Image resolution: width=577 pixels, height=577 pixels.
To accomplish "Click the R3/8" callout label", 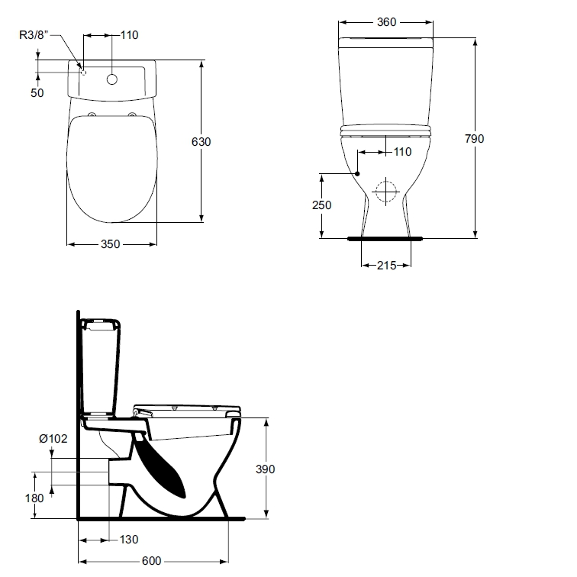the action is pyautogui.click(x=34, y=35).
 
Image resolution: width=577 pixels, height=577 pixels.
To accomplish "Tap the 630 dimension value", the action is pyautogui.click(x=201, y=142).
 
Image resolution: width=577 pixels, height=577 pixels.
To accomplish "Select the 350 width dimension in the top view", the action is pyautogui.click(x=111, y=244).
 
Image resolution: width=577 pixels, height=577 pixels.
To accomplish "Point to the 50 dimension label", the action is pyautogui.click(x=37, y=93).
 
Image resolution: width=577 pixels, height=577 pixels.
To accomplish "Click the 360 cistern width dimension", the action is pyautogui.click(x=386, y=22).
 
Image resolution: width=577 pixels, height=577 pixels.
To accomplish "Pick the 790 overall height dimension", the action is pyautogui.click(x=474, y=139).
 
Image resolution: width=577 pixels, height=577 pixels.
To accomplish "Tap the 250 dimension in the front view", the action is pyautogui.click(x=321, y=205).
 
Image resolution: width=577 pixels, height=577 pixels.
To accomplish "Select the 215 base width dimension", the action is pyautogui.click(x=386, y=266).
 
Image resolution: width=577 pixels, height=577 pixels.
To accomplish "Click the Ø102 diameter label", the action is pyautogui.click(x=53, y=439).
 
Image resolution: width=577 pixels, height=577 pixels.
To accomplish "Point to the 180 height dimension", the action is pyautogui.click(x=34, y=498).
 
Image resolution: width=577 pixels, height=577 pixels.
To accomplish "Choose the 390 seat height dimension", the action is pyautogui.click(x=266, y=469).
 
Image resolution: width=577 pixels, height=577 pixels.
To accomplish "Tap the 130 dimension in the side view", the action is pyautogui.click(x=129, y=540).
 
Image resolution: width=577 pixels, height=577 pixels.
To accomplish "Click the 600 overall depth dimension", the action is pyautogui.click(x=152, y=561).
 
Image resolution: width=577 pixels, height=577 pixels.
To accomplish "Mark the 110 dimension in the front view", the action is pyautogui.click(x=402, y=152).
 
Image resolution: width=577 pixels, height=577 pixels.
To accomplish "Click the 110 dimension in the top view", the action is pyautogui.click(x=129, y=35).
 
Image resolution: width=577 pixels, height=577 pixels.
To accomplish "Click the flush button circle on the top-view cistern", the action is pyautogui.click(x=112, y=79).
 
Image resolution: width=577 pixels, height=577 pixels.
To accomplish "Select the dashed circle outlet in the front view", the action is pyautogui.click(x=385, y=192).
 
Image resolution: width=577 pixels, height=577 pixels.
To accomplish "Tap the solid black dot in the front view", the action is pyautogui.click(x=357, y=173).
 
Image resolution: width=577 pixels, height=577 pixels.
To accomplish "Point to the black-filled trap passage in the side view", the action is pyautogui.click(x=160, y=464).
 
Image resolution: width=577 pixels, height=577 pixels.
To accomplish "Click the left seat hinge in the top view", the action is pyautogui.click(x=92, y=114).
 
